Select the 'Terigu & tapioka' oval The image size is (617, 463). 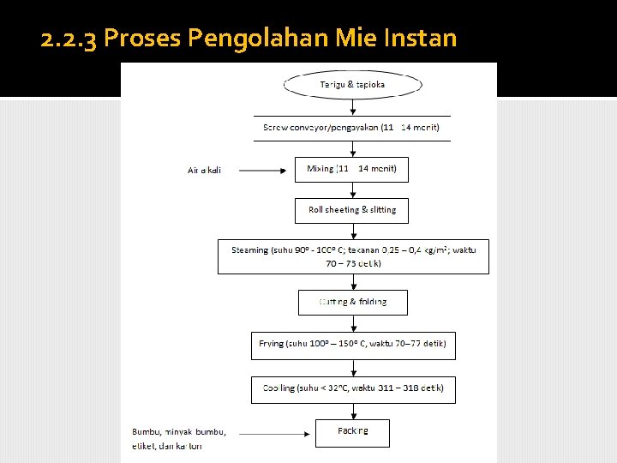pos(352,84)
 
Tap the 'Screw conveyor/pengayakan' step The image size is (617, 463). pos(350,127)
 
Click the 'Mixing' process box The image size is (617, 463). pos(351,169)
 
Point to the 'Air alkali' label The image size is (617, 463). pos(204,170)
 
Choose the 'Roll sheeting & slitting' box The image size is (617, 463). pos(352,210)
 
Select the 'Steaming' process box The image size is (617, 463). pos(353,256)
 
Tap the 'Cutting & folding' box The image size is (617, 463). pos(352,302)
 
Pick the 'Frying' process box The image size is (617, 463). pos(352,345)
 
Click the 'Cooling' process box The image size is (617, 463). pos(352,388)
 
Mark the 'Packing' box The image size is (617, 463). pos(352,432)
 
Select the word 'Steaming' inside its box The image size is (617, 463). pos(249,250)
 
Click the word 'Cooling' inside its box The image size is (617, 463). pos(278,388)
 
